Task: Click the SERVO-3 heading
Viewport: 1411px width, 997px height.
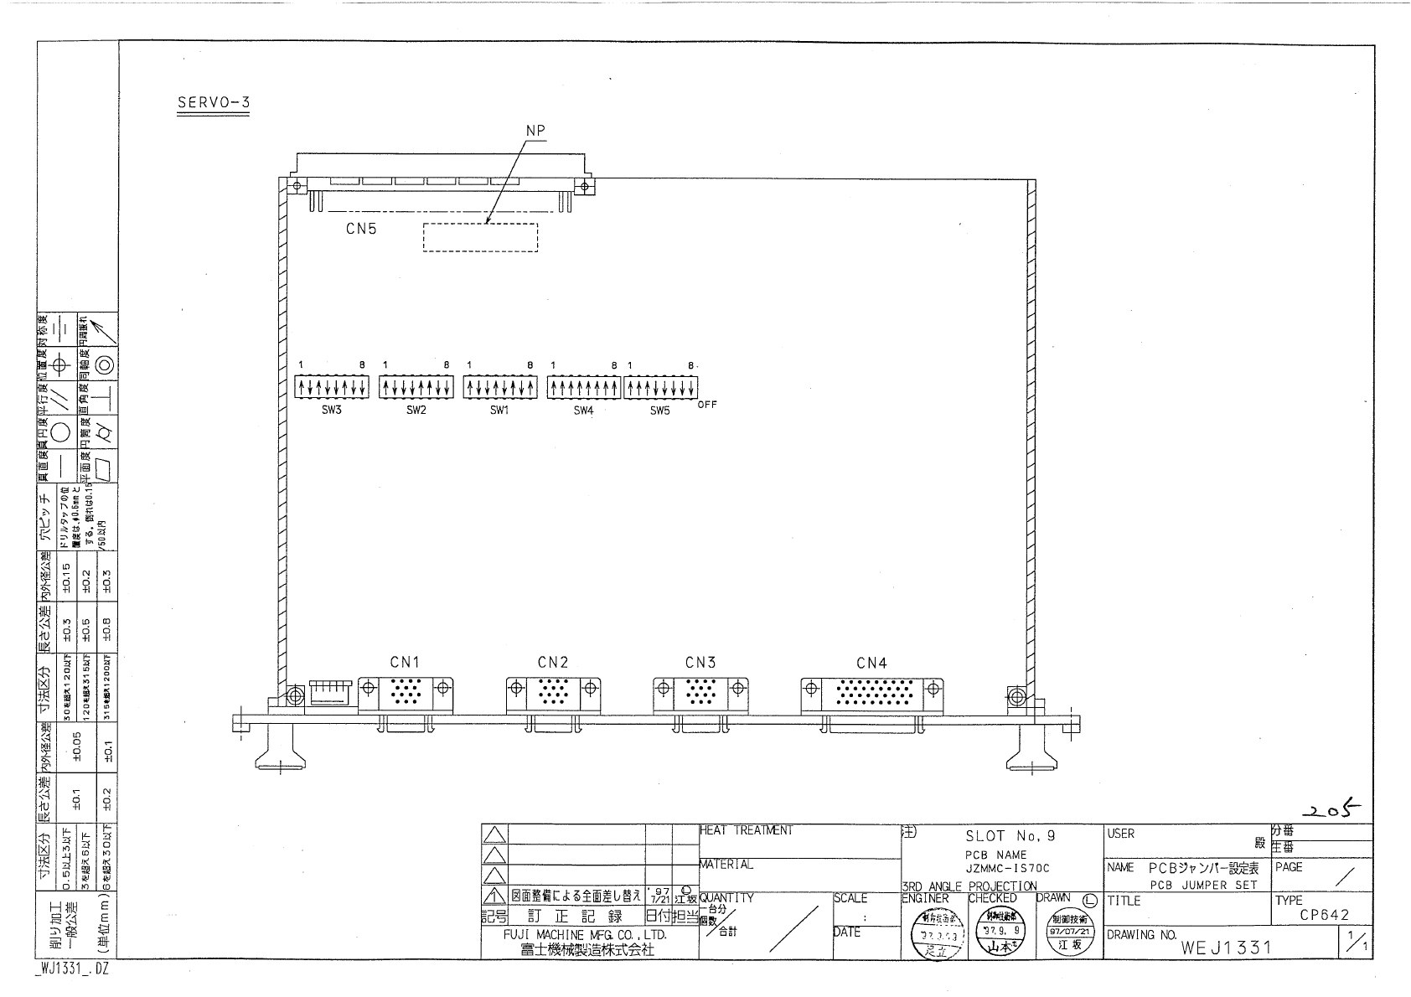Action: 214,103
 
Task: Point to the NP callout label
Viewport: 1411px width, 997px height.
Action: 535,131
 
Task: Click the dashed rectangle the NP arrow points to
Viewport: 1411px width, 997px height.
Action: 480,237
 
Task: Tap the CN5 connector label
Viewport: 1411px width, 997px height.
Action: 361,229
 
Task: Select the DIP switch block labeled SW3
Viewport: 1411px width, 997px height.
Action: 332,387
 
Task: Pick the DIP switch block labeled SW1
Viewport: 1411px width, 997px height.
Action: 500,387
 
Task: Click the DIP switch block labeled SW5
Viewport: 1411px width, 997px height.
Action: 660,387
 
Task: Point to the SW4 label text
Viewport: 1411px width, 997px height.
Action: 583,411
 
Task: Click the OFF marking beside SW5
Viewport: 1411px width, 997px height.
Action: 706,405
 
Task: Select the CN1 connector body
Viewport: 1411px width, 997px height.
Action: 406,693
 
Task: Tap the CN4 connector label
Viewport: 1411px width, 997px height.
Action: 871,663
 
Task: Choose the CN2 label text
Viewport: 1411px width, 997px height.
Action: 553,663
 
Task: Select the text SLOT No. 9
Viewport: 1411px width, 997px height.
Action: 1010,835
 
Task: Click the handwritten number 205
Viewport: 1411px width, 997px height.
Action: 1333,809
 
